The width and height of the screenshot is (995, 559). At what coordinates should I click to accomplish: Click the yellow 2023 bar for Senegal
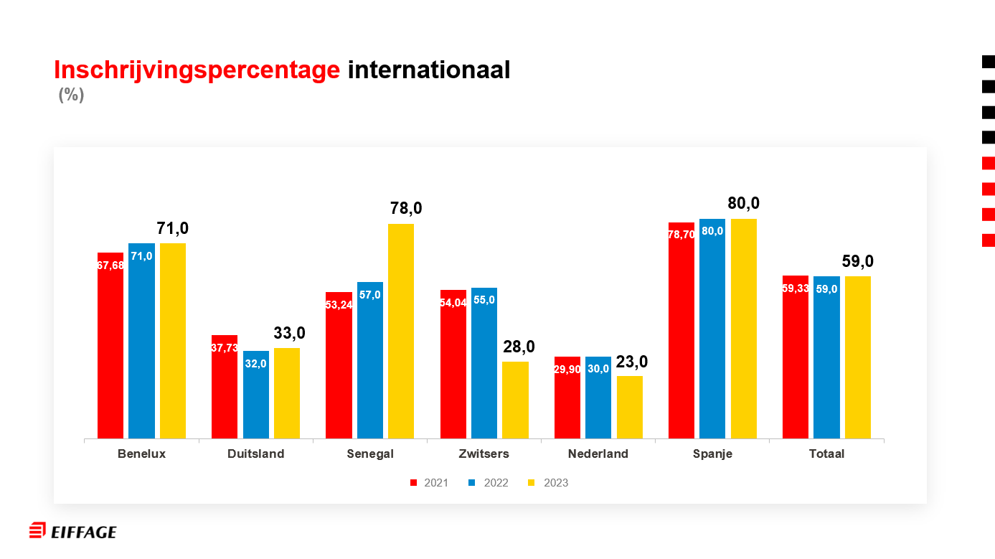point(401,330)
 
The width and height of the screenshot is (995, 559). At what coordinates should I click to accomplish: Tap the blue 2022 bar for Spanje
point(712,330)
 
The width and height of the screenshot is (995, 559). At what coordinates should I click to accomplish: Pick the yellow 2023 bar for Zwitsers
point(515,400)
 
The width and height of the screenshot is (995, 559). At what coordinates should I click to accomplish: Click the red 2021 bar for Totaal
point(795,359)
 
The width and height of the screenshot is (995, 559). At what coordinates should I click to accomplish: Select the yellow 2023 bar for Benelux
point(173,341)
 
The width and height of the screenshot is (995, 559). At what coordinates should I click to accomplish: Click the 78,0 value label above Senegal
point(406,209)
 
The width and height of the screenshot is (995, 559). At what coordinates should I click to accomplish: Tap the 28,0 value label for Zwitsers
point(519,347)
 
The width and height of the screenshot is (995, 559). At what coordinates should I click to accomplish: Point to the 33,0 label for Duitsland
point(290,333)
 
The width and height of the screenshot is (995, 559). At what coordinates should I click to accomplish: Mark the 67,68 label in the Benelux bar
point(110,266)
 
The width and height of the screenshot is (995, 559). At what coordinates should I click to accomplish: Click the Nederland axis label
point(598,454)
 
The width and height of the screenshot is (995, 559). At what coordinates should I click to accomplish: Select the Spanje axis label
point(712,454)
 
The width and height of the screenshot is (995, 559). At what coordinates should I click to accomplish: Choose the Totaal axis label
point(826,454)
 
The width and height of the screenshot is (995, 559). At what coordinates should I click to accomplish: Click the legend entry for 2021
point(429,483)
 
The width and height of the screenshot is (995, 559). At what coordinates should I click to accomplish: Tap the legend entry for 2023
point(549,483)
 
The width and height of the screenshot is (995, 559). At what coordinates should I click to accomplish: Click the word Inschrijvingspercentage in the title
point(197,70)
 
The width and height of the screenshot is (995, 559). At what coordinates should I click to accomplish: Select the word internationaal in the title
point(428,70)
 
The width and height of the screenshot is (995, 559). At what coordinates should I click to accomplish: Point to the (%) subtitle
point(71,95)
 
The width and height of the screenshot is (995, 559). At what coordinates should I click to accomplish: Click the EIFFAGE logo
point(72,531)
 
